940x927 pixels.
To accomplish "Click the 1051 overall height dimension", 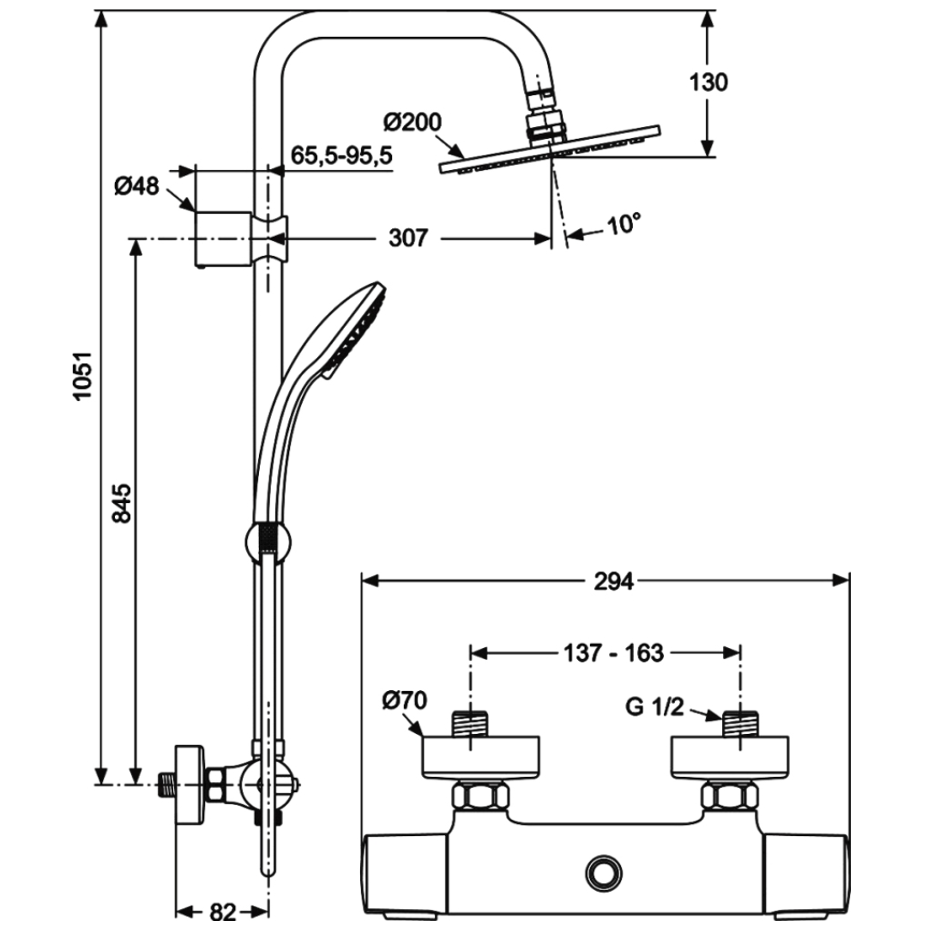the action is click(82, 376).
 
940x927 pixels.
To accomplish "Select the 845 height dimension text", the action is click(123, 503).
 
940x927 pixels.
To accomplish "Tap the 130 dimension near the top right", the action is click(708, 82).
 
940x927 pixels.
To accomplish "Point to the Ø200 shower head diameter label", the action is click(413, 122).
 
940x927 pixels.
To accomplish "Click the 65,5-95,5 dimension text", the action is click(341, 154).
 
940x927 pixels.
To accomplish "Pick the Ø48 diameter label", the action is click(137, 186).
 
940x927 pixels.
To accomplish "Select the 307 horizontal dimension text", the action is click(408, 238).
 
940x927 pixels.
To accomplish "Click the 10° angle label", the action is click(624, 224).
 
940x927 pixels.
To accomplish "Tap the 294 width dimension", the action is click(614, 581).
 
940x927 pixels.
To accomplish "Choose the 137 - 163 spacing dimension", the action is click(614, 652).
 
